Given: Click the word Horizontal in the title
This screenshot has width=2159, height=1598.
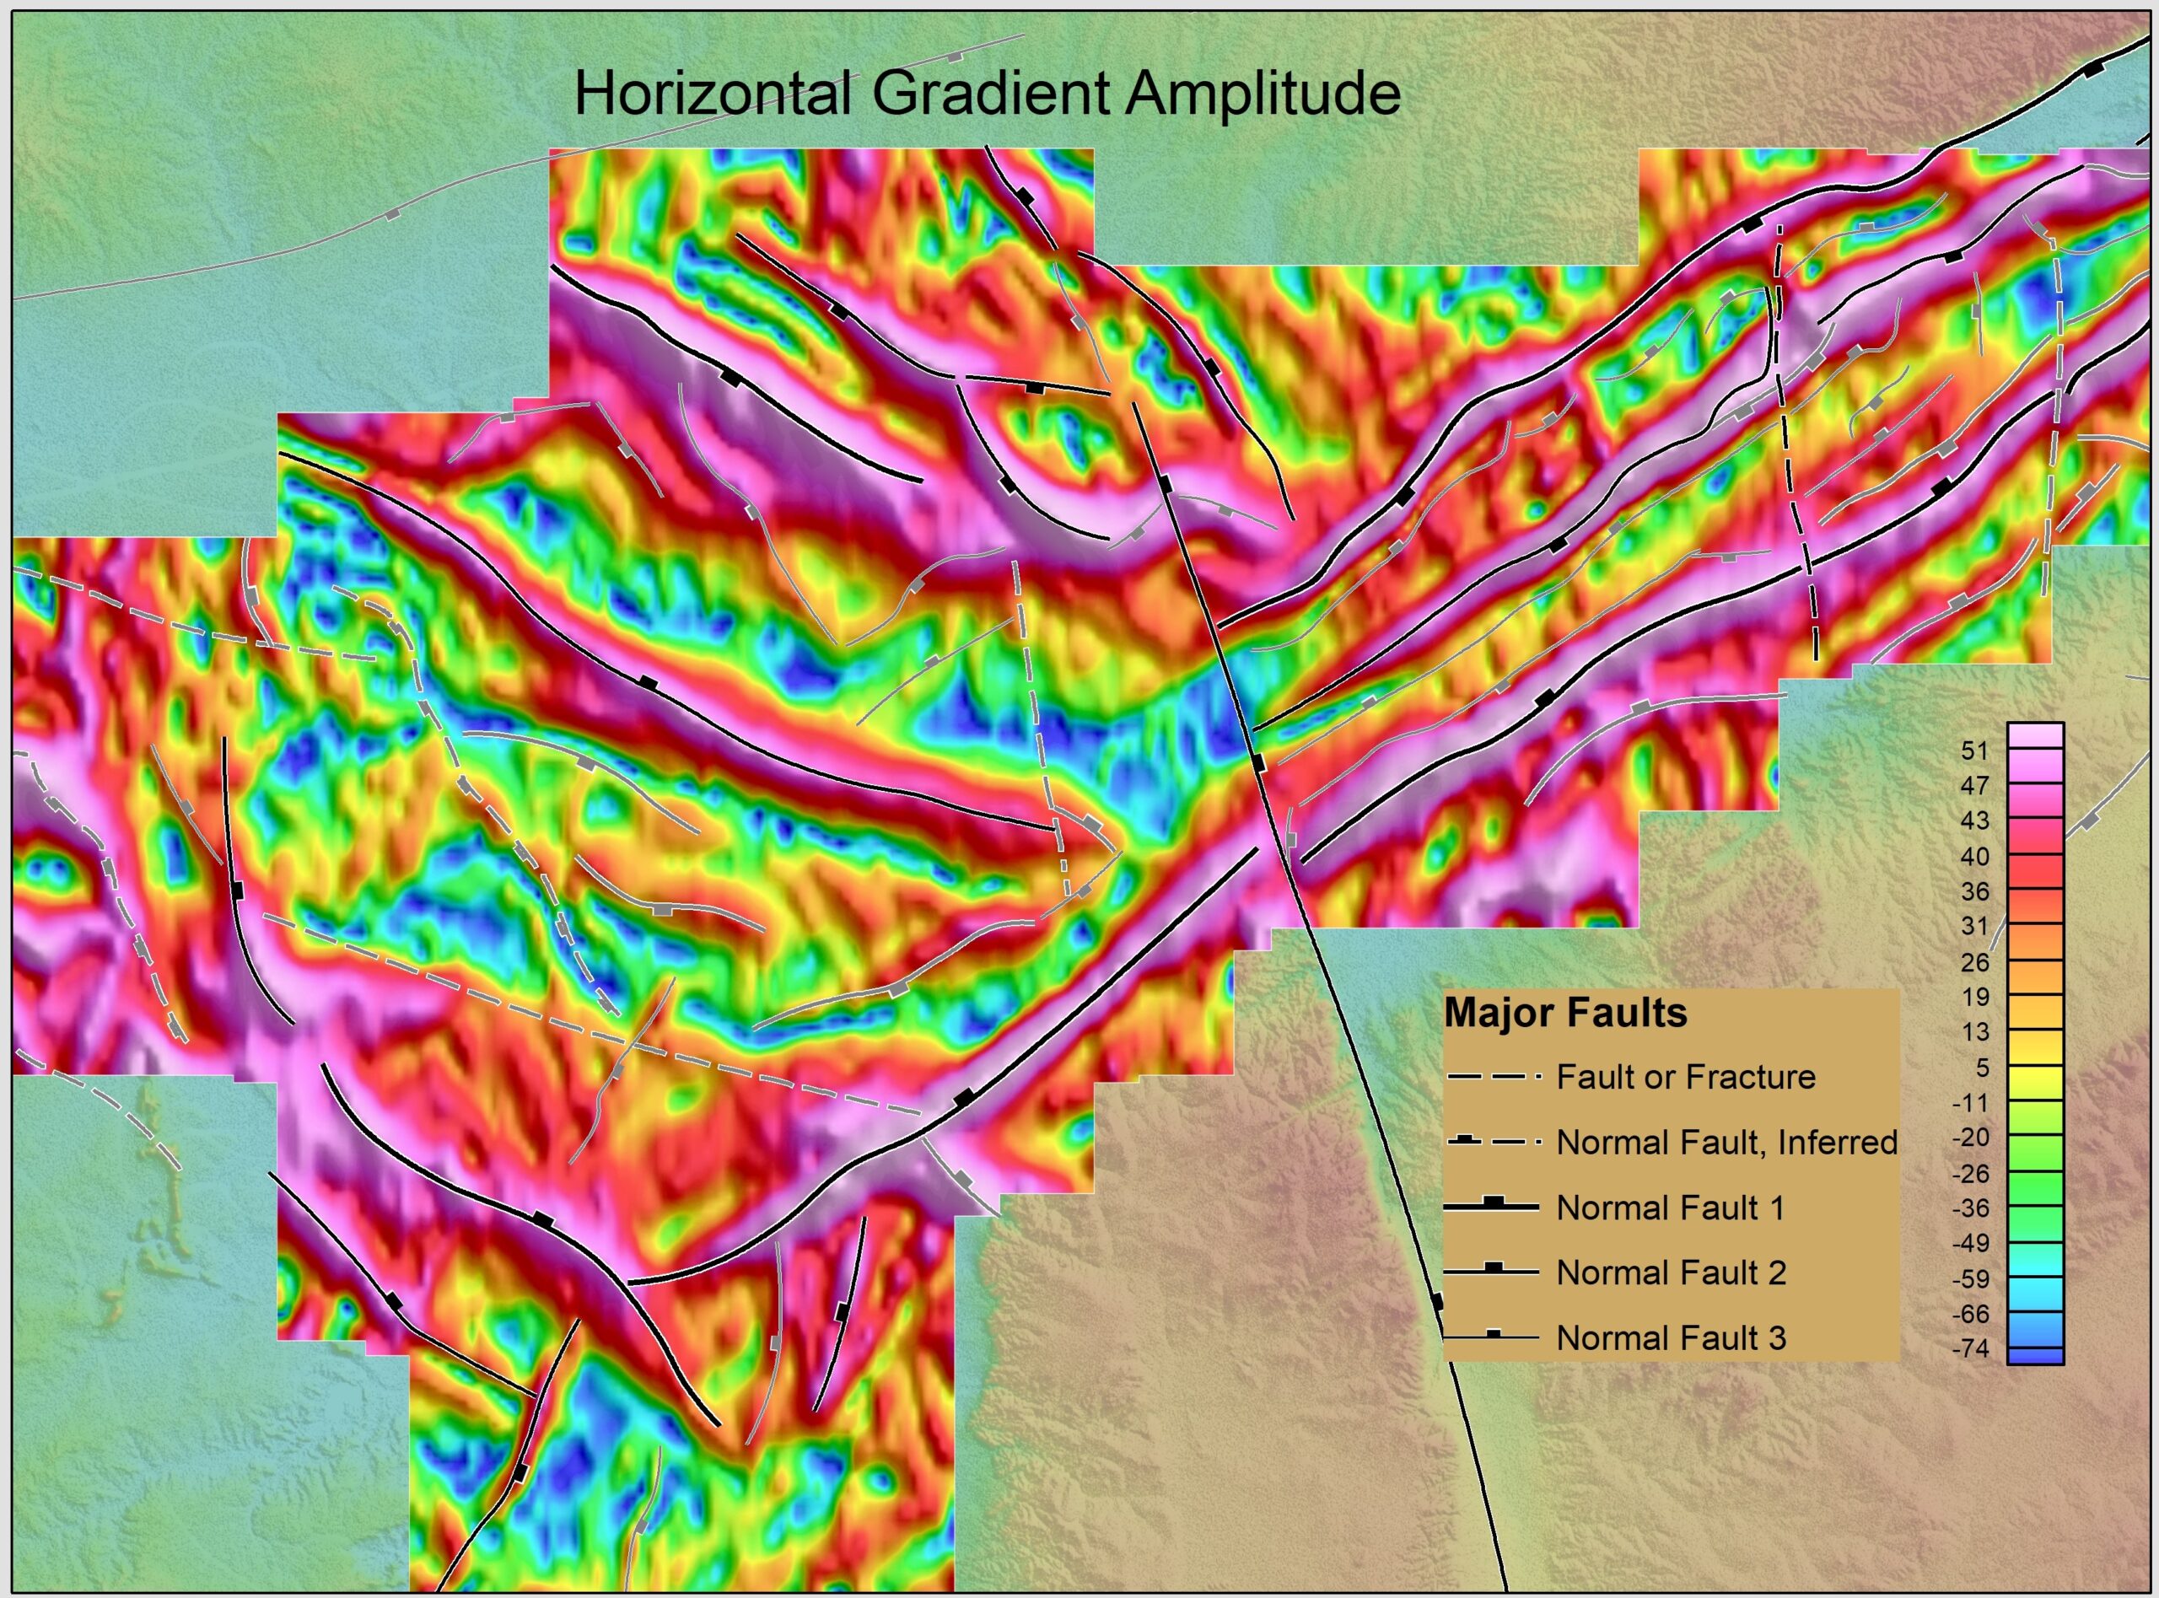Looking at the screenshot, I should [x=712, y=94].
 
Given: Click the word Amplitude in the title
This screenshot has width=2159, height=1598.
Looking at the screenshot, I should [x=1263, y=94].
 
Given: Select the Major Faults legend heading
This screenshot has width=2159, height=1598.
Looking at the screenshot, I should [x=1565, y=1014].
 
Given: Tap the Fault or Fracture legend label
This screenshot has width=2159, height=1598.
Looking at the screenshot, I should [x=1685, y=1077].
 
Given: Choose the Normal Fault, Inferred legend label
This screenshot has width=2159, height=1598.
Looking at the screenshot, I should [x=1726, y=1143].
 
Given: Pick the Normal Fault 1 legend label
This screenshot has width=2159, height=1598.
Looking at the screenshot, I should [x=1670, y=1208].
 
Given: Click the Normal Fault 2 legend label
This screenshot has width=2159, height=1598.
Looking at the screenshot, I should [x=1671, y=1273].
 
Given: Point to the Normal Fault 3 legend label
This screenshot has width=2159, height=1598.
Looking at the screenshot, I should [x=1671, y=1337].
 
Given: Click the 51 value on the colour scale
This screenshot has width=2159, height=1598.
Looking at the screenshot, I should [x=1975, y=751].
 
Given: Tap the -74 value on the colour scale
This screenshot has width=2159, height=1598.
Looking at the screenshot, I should [x=1970, y=1348].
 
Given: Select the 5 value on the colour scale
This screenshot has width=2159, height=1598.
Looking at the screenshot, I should [x=1982, y=1068].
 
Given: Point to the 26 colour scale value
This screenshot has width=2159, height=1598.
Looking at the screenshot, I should [x=1975, y=962].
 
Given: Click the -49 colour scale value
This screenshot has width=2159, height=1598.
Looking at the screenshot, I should [x=1970, y=1243].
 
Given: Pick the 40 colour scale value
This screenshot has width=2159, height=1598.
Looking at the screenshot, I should [x=1975, y=856].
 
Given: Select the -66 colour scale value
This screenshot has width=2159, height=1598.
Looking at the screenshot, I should [x=1970, y=1314].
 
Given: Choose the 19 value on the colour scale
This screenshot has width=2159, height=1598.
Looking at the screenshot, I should [x=1975, y=998].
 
